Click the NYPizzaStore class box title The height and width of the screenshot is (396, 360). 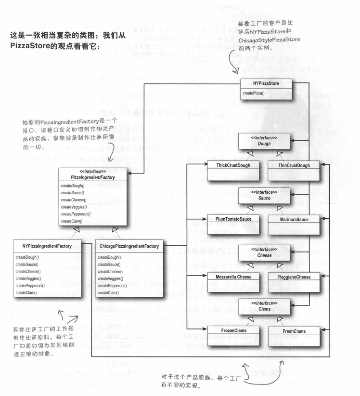point(267,83)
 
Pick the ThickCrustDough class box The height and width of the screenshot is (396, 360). point(229,166)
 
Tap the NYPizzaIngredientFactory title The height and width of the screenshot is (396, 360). point(47,247)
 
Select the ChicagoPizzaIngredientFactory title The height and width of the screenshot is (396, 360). point(128,247)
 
